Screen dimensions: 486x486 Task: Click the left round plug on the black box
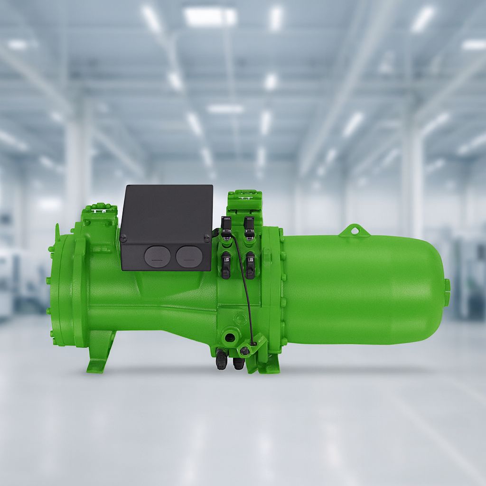coord(158,256)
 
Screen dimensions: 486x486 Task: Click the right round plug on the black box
coord(189,256)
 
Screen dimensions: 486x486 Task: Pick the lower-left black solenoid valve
coord(226,264)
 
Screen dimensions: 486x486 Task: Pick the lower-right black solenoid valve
coord(250,264)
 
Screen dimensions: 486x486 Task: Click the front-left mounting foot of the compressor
coord(101,352)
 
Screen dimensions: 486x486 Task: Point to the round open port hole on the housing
coord(230,338)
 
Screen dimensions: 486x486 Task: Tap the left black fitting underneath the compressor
coord(220,361)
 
